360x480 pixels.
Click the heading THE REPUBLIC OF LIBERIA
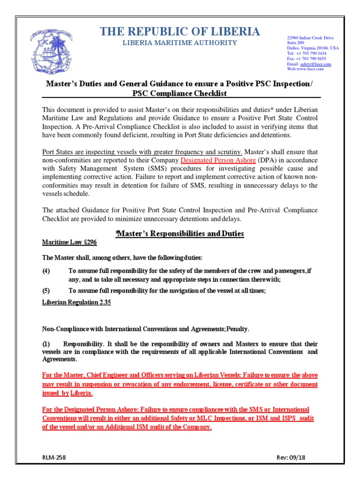[180, 32]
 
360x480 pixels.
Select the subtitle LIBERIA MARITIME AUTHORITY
[180, 43]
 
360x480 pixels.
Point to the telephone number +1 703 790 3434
[313, 53]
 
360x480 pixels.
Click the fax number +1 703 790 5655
[313, 59]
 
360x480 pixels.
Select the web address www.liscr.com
[310, 69]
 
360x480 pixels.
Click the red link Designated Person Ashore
[216, 160]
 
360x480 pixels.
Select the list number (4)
[46, 271]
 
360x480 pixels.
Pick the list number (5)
[46, 291]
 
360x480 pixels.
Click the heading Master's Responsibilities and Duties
[180, 233]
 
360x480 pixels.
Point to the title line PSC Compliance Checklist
[180, 93]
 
